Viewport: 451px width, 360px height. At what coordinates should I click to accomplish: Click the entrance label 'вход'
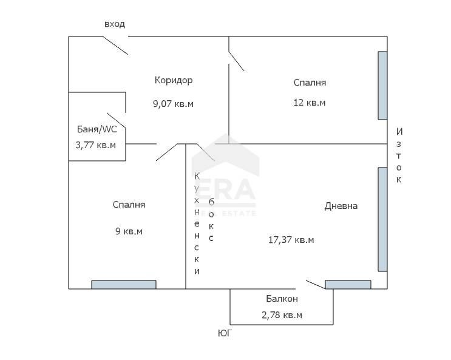point(115,24)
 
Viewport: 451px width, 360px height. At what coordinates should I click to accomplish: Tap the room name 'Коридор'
point(174,80)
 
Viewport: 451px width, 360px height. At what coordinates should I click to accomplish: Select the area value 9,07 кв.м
point(174,103)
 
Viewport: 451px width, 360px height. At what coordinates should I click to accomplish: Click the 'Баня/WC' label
point(97,129)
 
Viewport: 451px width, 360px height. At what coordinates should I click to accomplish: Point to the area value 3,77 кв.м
point(95,144)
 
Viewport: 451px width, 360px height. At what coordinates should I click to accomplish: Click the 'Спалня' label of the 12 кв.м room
point(310,83)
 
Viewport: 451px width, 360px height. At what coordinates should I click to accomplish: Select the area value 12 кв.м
point(310,103)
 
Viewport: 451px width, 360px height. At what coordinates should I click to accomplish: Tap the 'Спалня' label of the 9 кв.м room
point(129,205)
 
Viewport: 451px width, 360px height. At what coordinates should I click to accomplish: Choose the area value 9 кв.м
point(129,231)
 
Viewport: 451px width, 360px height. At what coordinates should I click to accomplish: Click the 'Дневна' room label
point(341,206)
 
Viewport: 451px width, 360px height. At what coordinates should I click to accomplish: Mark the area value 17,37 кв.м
point(291,240)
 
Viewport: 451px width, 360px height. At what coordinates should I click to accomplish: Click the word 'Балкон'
point(282,299)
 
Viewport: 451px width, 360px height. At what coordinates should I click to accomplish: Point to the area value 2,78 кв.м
point(282,315)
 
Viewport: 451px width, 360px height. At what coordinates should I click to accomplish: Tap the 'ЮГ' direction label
point(225,333)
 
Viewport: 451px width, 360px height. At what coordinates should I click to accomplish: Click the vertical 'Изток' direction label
point(399,155)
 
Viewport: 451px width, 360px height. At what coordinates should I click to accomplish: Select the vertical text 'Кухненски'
point(197,223)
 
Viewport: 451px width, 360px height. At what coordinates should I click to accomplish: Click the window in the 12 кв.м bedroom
point(382,86)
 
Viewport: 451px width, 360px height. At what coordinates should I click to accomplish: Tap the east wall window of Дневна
point(382,219)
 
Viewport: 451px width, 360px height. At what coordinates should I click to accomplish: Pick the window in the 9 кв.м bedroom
point(124,284)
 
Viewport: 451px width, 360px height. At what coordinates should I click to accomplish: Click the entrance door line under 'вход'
point(115,46)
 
